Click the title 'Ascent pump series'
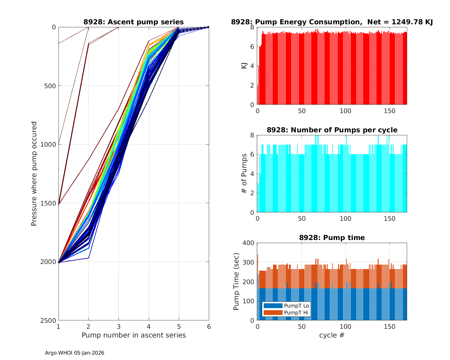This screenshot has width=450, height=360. click(133, 22)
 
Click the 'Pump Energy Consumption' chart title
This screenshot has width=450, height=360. click(332, 22)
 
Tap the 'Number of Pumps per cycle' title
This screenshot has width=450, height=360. click(332, 130)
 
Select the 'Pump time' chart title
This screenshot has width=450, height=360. click(332, 238)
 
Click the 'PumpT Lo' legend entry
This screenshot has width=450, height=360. click(296, 306)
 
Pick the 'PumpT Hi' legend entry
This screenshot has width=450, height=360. click(296, 313)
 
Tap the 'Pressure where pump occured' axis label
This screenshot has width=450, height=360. click(34, 173)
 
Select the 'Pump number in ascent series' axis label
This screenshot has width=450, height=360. click(133, 335)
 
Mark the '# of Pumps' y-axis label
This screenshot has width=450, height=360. click(244, 173)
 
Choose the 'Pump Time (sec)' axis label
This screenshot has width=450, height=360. click(236, 281)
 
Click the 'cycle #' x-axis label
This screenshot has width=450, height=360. click(332, 335)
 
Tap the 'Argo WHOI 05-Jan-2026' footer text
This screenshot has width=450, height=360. click(75, 353)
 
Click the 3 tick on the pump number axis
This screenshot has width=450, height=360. click(118, 327)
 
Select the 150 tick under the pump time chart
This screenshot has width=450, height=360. click(390, 327)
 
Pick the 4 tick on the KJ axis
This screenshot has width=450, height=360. click(252, 66)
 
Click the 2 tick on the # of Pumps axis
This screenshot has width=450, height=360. click(252, 193)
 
